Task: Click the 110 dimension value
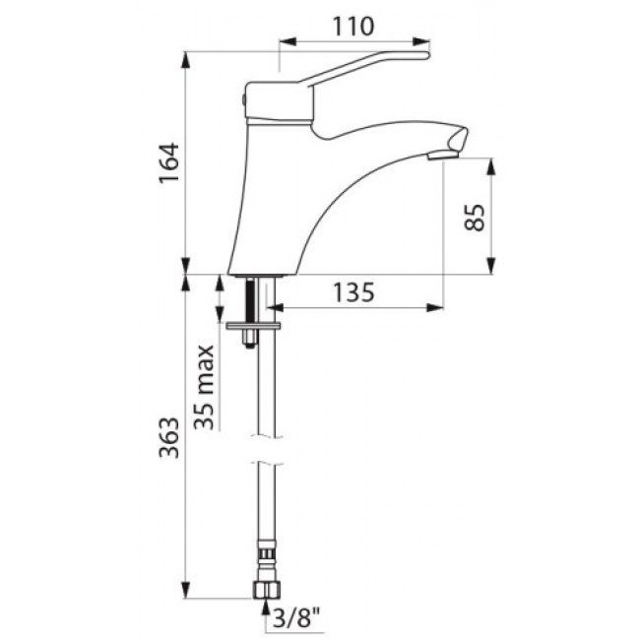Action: [x=353, y=27]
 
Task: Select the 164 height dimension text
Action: [x=169, y=162]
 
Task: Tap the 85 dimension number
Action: [x=475, y=218]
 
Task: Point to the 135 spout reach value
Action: [x=353, y=291]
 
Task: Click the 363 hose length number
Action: [x=169, y=437]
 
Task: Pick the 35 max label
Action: [x=204, y=387]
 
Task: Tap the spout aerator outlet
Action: [x=442, y=155]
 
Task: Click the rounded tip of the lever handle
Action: [x=427, y=55]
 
